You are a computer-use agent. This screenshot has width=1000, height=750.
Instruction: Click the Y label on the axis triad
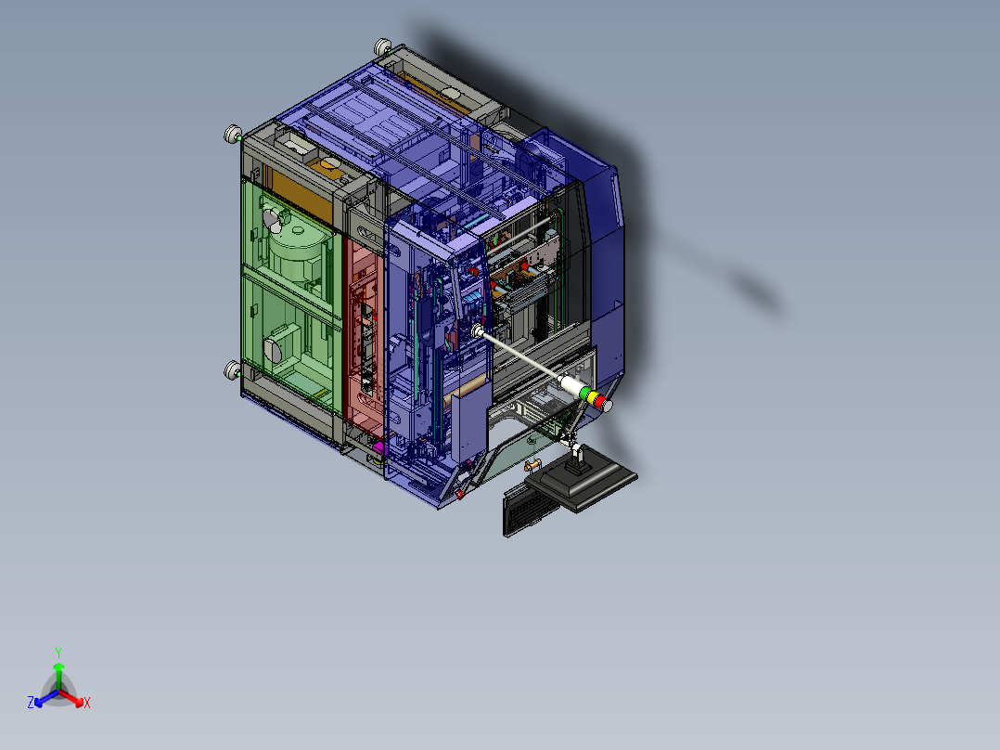58,653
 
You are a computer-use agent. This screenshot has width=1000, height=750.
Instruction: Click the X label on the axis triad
87,704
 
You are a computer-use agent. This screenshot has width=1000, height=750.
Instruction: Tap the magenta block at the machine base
378,452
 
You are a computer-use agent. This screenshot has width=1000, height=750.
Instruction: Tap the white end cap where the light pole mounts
479,331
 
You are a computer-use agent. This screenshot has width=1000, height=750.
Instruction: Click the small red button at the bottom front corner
459,494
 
